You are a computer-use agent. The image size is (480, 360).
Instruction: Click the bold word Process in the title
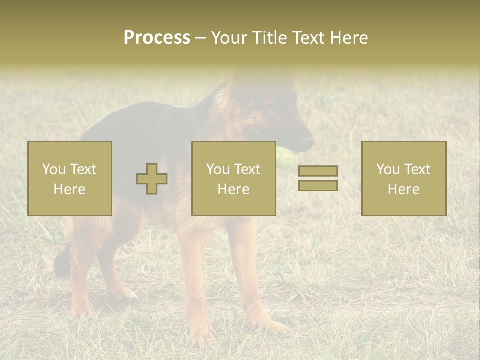pos(157,38)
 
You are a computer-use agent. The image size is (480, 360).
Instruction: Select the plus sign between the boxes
pos(152,179)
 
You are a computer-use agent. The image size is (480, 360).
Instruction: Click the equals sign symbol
pos(318,178)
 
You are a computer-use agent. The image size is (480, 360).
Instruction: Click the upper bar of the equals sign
pos(318,171)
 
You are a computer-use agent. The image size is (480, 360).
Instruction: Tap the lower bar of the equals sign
pos(318,185)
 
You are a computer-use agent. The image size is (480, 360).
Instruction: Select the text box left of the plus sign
pos(70,178)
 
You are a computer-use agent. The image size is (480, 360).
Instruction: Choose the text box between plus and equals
pos(234,178)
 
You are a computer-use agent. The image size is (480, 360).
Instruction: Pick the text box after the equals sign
pos(404,178)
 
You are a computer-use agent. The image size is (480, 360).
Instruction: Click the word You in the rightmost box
pos(388,169)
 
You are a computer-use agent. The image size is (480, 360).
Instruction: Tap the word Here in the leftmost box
pos(70,189)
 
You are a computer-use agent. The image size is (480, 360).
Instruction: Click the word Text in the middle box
pos(247,169)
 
